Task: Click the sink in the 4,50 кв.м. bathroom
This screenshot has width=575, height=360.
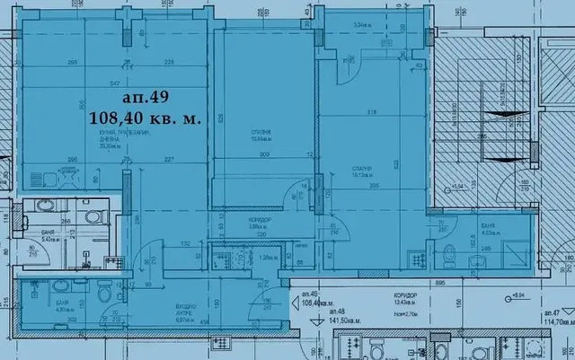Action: [x=59, y=286]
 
